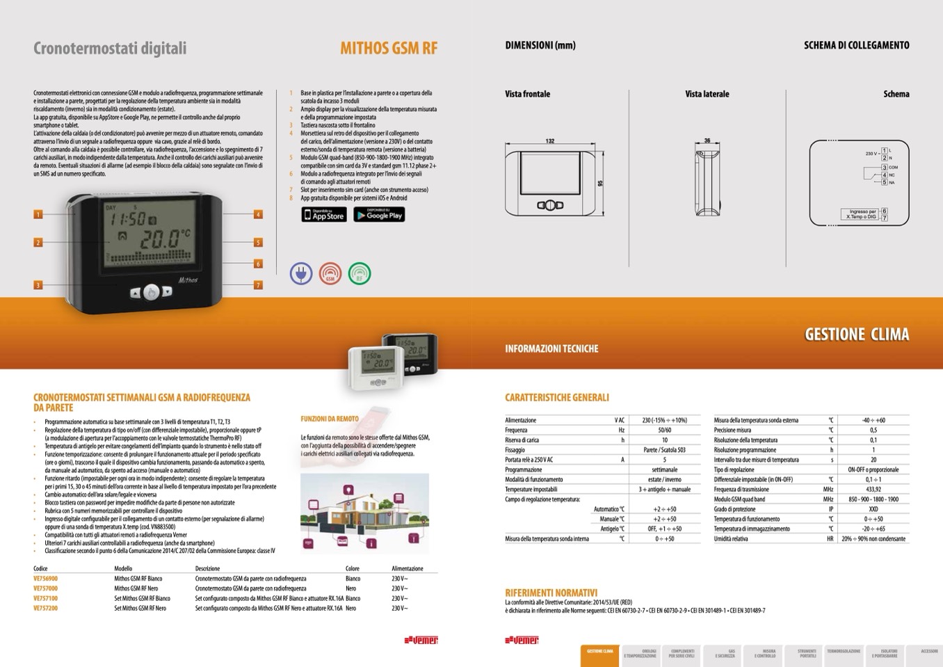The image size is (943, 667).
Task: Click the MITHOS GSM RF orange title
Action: click(x=389, y=48)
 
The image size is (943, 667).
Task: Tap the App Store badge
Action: click(x=324, y=215)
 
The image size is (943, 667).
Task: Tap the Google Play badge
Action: click(x=379, y=215)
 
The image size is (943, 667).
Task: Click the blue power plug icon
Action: click(x=301, y=273)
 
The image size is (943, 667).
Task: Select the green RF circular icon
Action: click(x=360, y=273)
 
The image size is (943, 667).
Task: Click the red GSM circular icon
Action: click(x=330, y=273)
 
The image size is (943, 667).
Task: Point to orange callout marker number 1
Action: click(x=38, y=215)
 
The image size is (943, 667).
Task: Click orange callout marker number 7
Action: click(x=258, y=285)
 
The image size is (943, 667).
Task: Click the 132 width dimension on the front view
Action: click(x=550, y=141)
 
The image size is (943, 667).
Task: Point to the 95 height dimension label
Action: click(x=600, y=184)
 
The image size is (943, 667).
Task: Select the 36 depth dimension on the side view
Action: click(x=707, y=141)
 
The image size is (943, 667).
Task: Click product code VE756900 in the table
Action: click(x=46, y=579)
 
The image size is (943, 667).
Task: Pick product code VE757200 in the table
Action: click(x=46, y=609)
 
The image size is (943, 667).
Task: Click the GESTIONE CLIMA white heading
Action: click(x=857, y=335)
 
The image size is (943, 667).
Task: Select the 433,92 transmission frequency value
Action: click(x=873, y=490)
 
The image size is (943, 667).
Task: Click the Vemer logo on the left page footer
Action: click(x=421, y=640)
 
